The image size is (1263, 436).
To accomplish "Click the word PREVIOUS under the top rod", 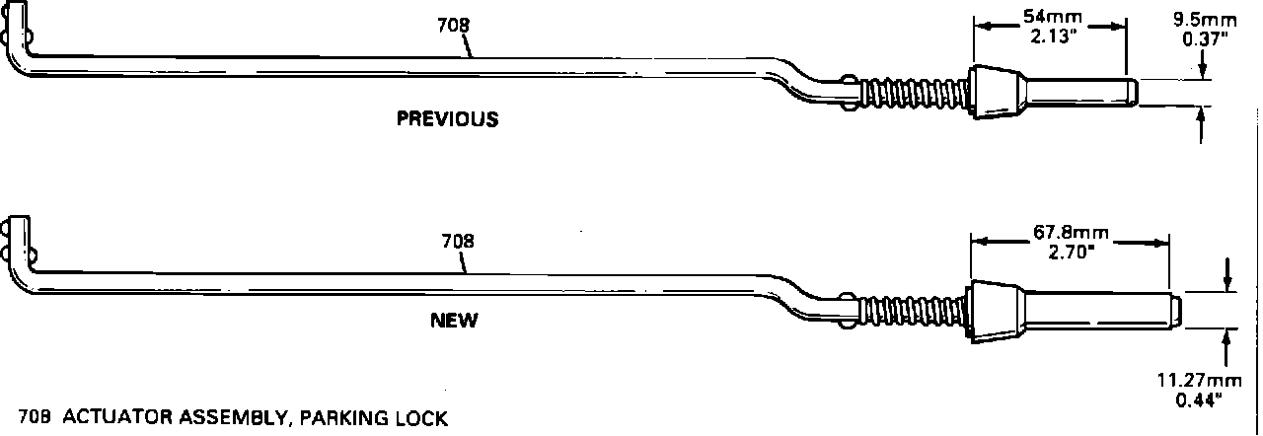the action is click(447, 119).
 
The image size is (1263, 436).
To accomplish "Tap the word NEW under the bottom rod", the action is click(454, 320).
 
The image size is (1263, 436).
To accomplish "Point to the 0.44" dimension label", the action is click(1198, 400).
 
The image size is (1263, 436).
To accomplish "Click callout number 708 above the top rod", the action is click(453, 26).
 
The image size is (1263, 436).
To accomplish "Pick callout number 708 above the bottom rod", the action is click(457, 240).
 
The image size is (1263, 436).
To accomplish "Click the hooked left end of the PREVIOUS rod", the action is click(20, 39).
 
